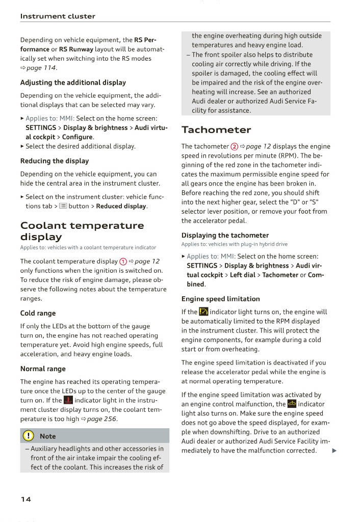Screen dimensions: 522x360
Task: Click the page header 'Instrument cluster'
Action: [x=58, y=16]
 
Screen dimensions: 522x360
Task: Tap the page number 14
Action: [x=25, y=499]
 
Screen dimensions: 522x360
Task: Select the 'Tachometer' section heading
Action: [x=216, y=130]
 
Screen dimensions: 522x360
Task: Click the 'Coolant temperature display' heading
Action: [x=82, y=231]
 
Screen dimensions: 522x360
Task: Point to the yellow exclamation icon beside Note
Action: [x=28, y=436]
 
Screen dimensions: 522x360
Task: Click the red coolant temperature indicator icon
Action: [x=68, y=400]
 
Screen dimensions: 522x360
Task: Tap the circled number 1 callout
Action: [x=123, y=262]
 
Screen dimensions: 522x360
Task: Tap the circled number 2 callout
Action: [x=235, y=147]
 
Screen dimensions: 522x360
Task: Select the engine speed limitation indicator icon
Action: [x=203, y=312]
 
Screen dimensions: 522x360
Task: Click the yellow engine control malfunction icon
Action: [x=292, y=404]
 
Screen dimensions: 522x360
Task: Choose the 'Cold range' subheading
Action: [x=38, y=314]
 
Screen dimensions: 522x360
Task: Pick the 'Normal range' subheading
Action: [x=43, y=369]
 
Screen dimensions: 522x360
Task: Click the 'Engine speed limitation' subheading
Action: [x=220, y=299]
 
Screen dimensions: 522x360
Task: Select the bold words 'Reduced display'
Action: [x=121, y=206]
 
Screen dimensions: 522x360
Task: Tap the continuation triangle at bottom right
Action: [x=334, y=451]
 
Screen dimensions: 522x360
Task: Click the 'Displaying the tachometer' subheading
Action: [x=225, y=236]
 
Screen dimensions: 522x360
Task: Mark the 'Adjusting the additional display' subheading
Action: [x=73, y=83]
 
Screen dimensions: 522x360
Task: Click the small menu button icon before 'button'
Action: [x=63, y=206]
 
